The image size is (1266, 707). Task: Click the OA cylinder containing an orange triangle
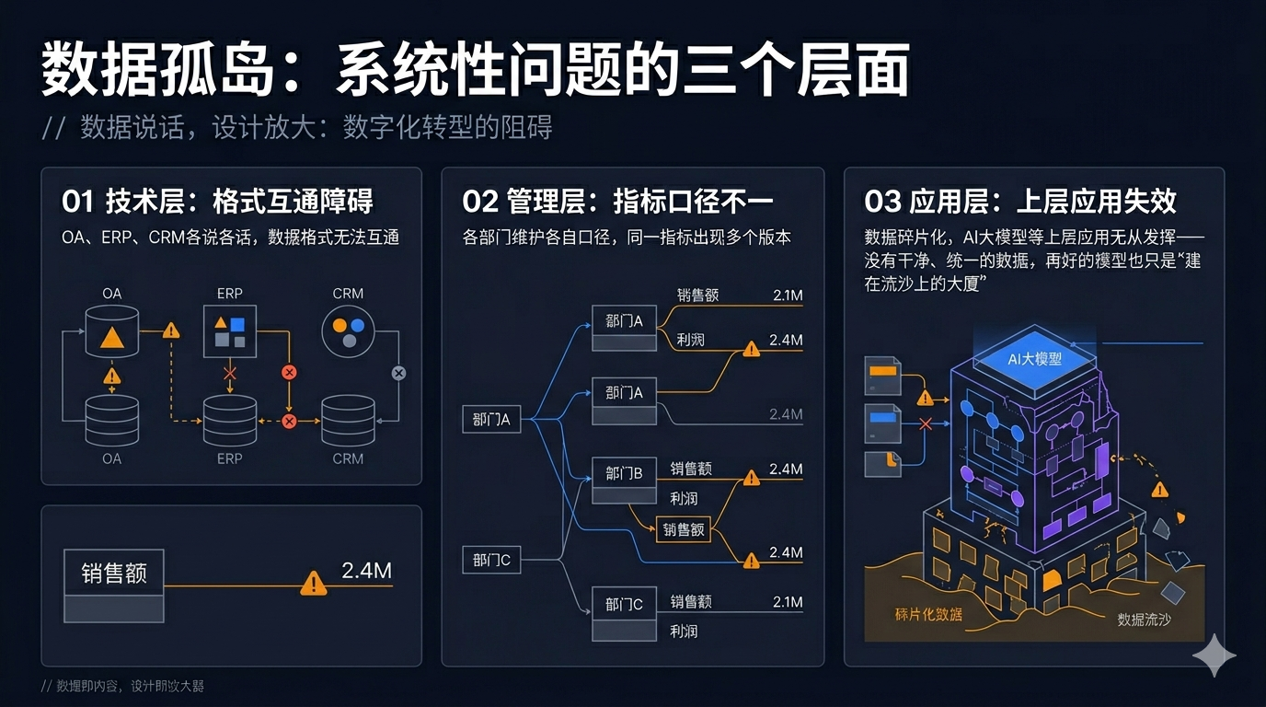point(111,332)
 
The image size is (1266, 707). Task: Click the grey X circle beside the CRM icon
point(398,373)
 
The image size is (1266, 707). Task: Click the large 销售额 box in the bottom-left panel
point(114,574)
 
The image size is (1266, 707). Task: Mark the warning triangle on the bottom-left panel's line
point(314,583)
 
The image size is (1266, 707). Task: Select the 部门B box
point(624,474)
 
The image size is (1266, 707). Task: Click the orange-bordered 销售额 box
point(683,529)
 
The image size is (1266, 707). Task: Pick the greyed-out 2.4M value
point(786,414)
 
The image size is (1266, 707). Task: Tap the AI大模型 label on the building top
point(1035,358)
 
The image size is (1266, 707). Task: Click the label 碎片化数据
point(928,613)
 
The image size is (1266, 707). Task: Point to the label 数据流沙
point(1144,620)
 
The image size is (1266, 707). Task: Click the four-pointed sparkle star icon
point(1214,655)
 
